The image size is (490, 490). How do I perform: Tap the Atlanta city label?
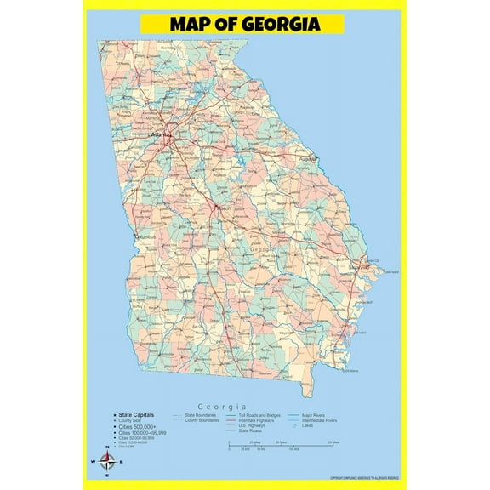(x=160, y=134)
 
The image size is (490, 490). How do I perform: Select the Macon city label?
(x=224, y=207)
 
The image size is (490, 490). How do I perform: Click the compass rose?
(x=108, y=462)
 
